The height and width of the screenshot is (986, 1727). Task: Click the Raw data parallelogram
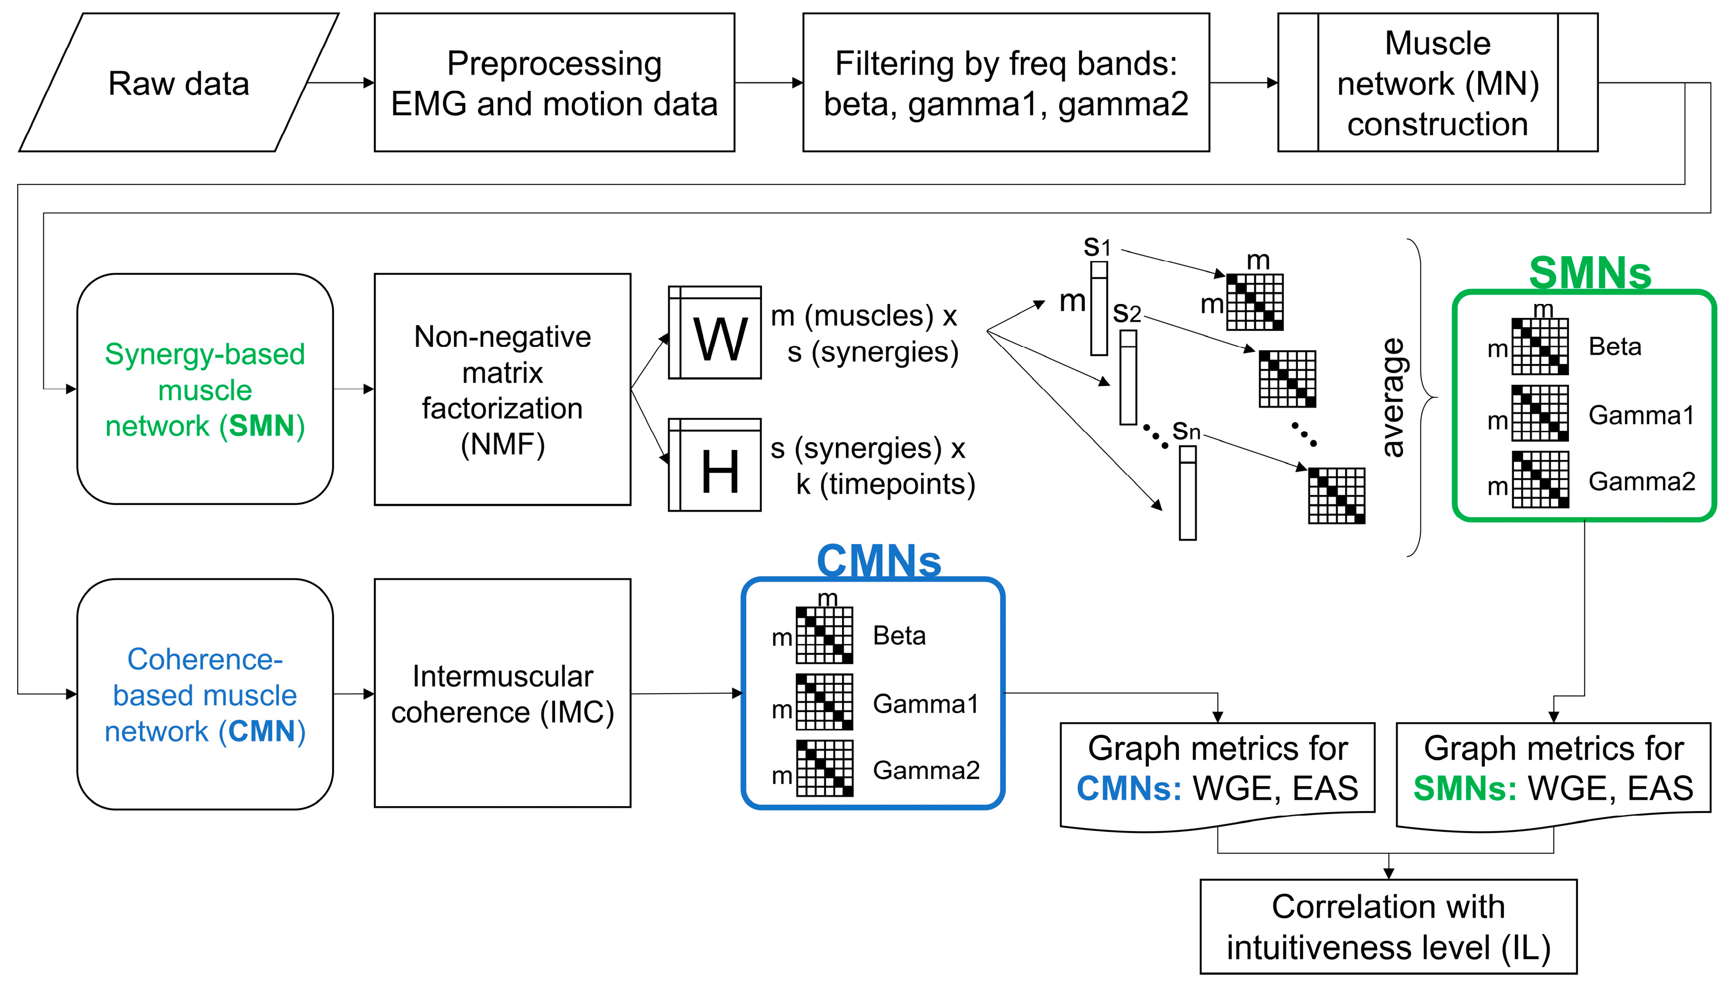click(178, 82)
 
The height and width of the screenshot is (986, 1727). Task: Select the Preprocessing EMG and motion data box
click(554, 82)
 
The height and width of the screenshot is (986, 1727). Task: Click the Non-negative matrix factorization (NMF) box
click(503, 389)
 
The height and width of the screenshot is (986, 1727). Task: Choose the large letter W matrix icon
click(715, 333)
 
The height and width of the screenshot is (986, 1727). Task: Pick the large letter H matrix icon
click(715, 465)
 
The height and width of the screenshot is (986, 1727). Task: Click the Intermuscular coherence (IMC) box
click(503, 694)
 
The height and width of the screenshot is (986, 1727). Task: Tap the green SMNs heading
click(1590, 273)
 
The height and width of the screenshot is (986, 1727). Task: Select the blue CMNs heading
click(879, 561)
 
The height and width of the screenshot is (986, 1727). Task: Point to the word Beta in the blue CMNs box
click(899, 636)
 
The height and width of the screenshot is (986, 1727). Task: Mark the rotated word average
click(1393, 398)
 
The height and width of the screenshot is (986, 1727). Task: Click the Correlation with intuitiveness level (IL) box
click(1388, 926)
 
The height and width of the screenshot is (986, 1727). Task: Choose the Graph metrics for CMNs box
click(1217, 770)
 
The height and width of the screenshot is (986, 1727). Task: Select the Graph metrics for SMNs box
click(1553, 770)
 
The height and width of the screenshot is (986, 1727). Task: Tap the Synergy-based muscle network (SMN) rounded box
click(205, 389)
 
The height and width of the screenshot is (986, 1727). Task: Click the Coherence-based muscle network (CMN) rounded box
click(205, 694)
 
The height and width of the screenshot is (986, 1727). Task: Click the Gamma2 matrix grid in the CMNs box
click(825, 768)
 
